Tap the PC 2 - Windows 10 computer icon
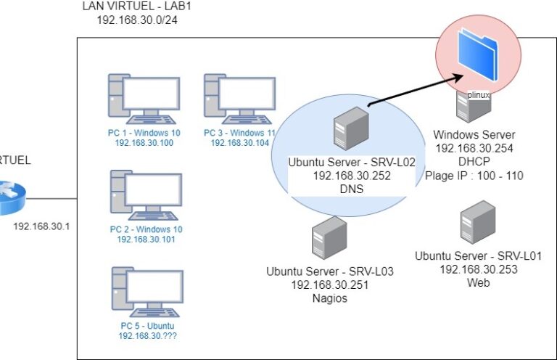146,197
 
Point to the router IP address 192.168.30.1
41,226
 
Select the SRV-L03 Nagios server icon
329,239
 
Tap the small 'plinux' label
478,94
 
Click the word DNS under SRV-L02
351,189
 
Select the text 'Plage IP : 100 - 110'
474,175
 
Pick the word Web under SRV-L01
478,282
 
